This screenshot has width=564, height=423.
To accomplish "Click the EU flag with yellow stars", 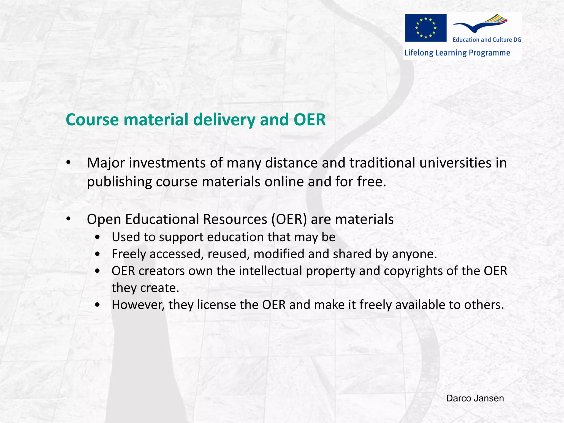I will [425, 28].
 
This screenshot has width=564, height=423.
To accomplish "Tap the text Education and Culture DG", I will [487, 40].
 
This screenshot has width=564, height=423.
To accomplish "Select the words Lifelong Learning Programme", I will [457, 53].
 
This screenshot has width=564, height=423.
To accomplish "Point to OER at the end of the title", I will [310, 120].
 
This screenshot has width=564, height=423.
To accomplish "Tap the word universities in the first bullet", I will [455, 163].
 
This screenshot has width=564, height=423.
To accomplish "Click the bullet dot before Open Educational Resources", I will [69, 219].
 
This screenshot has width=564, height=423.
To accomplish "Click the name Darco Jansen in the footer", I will [475, 398].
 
